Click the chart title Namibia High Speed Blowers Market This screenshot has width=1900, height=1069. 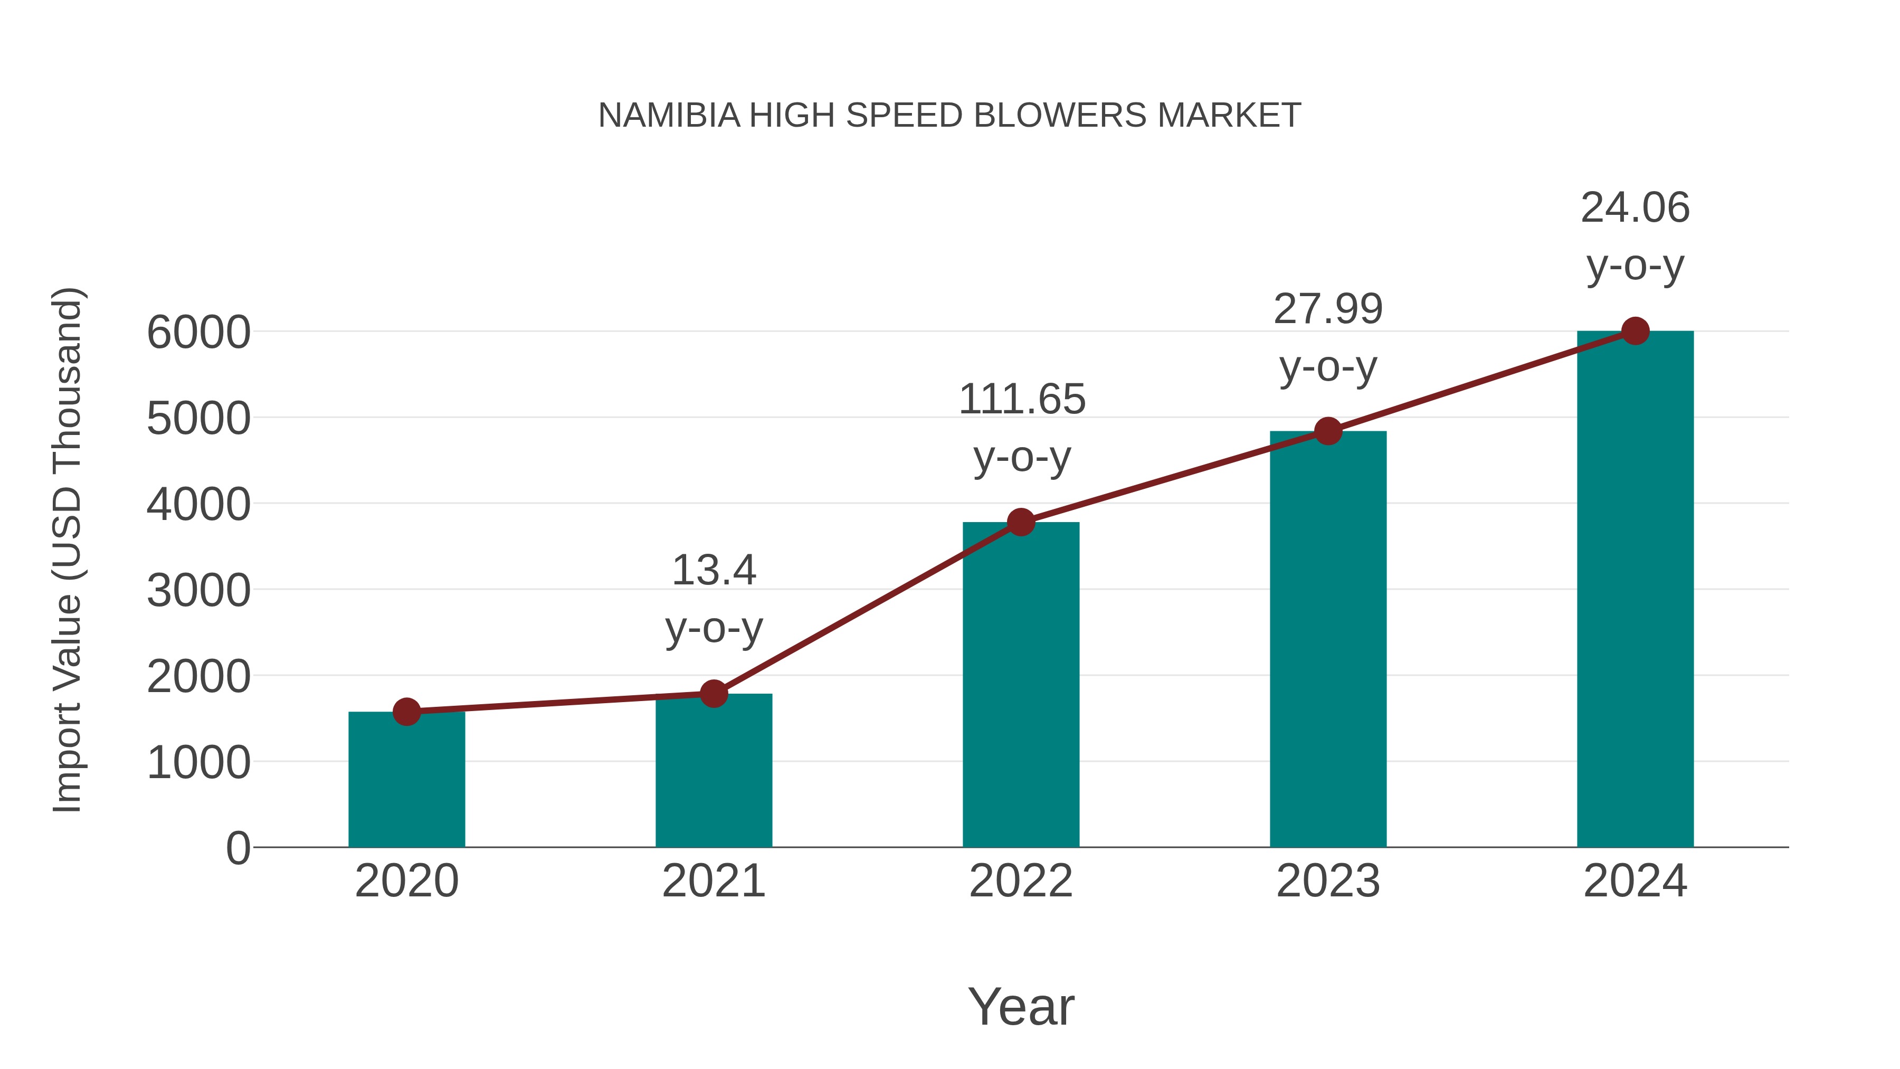pos(949,116)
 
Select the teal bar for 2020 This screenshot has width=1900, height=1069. pos(406,782)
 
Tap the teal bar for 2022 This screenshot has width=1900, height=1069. pos(1021,686)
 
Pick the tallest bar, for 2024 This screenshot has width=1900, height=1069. pos(1635,590)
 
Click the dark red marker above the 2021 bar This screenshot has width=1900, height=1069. pos(713,694)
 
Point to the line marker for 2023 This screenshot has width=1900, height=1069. pos(1328,431)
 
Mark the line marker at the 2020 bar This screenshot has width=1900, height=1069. pos(406,712)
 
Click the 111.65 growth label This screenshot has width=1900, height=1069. pos(1022,400)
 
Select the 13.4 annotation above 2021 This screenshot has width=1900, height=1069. pos(713,570)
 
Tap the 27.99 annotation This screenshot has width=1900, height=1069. pos(1328,309)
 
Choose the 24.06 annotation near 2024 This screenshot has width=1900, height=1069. pos(1635,208)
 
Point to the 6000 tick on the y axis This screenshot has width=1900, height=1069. pos(198,333)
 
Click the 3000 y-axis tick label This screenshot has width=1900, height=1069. pos(198,591)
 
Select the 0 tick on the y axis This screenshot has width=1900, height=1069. pos(237,848)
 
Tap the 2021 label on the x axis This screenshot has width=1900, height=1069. pos(713,881)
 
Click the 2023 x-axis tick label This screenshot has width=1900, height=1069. pos(1328,881)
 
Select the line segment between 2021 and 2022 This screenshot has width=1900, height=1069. pos(867,608)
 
